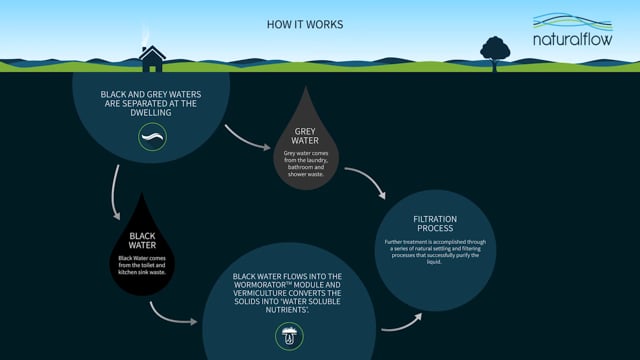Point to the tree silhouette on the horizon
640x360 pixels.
pyautogui.click(x=494, y=49)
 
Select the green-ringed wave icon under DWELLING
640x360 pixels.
pyautogui.click(x=152, y=137)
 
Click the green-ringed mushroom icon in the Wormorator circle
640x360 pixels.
pyautogui.click(x=289, y=336)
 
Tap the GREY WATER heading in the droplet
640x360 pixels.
pyautogui.click(x=306, y=134)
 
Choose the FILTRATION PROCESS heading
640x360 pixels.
pyautogui.click(x=435, y=223)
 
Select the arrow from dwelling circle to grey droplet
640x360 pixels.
pyautogui.click(x=247, y=138)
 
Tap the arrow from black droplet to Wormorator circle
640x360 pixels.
pyautogui.click(x=171, y=314)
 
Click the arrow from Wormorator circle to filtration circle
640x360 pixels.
pyautogui.click(x=401, y=321)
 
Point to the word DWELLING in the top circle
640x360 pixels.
pyautogui.click(x=151, y=113)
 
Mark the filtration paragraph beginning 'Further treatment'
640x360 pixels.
pyautogui.click(x=435, y=250)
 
